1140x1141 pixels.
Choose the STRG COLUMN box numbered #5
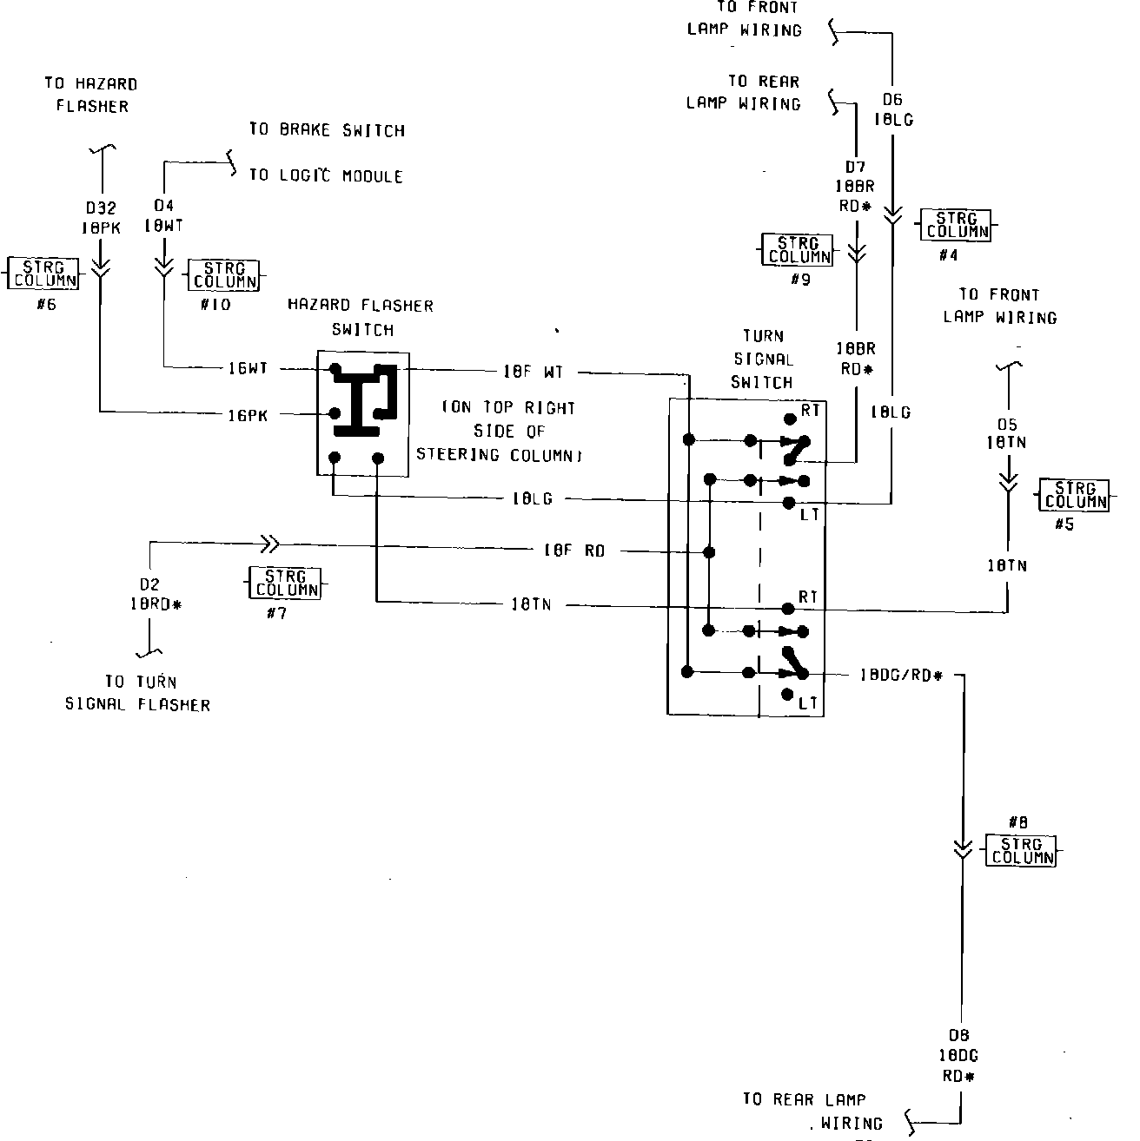tap(1075, 495)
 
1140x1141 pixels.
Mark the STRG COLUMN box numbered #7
tap(283, 583)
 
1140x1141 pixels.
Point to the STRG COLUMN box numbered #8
tap(1022, 850)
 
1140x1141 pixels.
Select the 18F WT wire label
tap(534, 372)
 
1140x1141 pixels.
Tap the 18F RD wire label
tap(573, 551)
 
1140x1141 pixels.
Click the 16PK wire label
tap(248, 415)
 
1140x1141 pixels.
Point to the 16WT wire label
tap(248, 369)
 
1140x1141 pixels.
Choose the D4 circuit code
tap(163, 206)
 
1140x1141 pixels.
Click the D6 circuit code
tap(891, 100)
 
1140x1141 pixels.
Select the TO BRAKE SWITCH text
tap(327, 130)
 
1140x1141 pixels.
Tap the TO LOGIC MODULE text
tap(326, 176)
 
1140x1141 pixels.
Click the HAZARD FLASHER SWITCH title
tap(361, 317)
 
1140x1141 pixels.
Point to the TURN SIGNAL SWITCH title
tap(762, 359)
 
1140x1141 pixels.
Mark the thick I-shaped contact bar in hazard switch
tap(358, 403)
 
